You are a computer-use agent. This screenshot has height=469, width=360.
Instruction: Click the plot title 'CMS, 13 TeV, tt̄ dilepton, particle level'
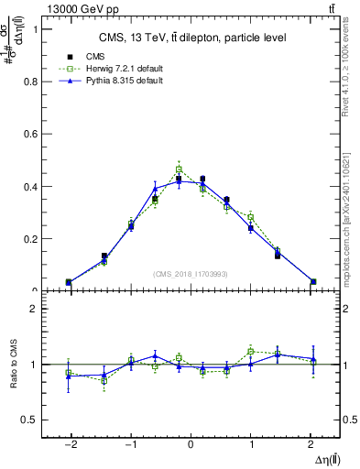[x=191, y=38]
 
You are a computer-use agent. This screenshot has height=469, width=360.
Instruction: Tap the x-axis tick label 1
[x=252, y=444]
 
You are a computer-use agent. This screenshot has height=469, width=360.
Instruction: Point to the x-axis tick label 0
[x=191, y=444]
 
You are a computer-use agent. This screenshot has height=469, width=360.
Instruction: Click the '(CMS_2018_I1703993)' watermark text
[x=191, y=274]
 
